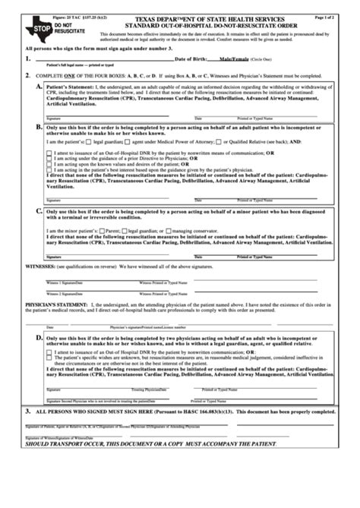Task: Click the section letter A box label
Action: coord(39,88)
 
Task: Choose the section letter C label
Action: coord(39,211)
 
